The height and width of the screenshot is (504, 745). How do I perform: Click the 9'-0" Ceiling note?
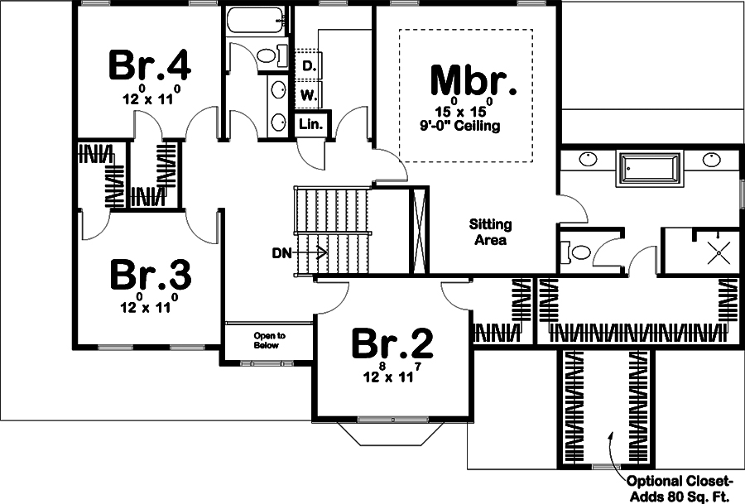[460, 127]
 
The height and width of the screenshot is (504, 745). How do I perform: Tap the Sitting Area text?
[490, 233]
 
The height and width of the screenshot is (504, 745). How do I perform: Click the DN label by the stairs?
[281, 253]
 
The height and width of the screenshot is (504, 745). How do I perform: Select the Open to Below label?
[269, 340]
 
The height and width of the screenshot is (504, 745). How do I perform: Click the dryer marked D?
[309, 65]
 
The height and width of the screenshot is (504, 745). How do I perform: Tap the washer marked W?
[309, 95]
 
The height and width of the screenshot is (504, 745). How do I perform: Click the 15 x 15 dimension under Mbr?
[460, 111]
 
